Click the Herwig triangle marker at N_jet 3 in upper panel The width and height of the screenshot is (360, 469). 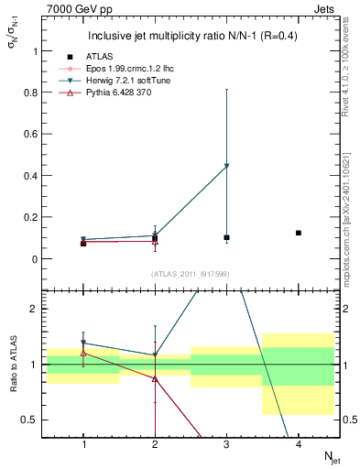click(x=226, y=166)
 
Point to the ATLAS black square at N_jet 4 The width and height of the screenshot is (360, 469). click(x=299, y=233)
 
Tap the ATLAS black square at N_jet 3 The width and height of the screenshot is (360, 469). click(x=226, y=237)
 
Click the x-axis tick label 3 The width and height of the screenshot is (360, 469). click(x=226, y=444)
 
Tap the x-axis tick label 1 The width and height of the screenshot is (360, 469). click(x=83, y=444)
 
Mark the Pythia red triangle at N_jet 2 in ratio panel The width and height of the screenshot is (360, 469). click(x=155, y=378)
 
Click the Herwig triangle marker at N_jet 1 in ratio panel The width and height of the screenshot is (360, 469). click(x=83, y=344)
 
